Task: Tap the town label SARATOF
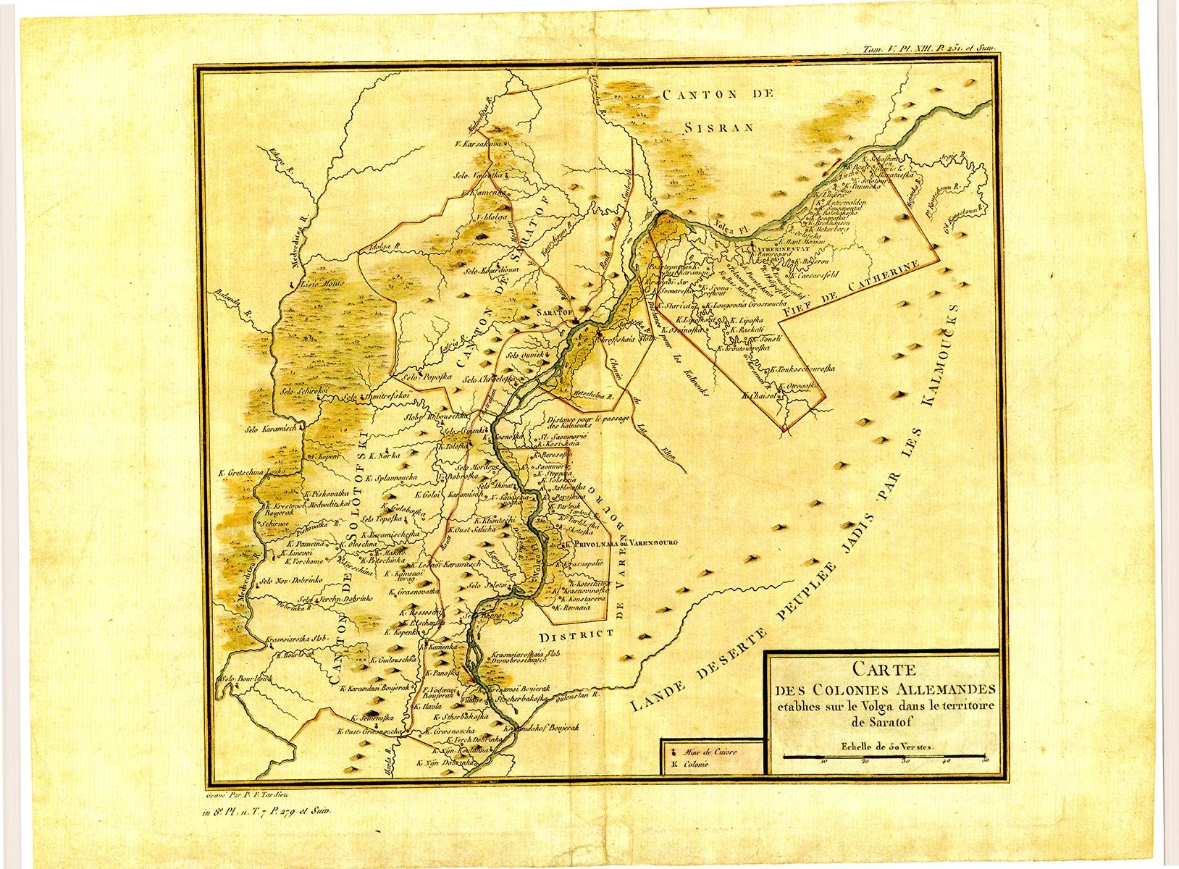pyautogui.click(x=554, y=311)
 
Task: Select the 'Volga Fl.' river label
pyautogui.click(x=729, y=226)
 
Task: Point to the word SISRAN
pyautogui.click(x=719, y=127)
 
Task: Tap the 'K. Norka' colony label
pyautogui.click(x=384, y=457)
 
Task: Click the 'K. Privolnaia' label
pyautogui.click(x=595, y=542)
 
